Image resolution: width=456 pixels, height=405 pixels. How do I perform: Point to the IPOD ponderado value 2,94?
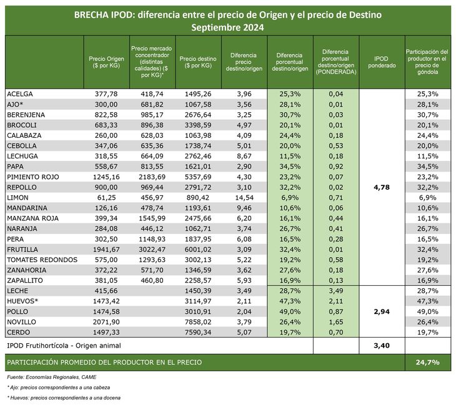382,311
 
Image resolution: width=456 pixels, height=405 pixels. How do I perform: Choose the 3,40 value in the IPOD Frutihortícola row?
382,344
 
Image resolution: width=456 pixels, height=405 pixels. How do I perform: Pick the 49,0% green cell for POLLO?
290,311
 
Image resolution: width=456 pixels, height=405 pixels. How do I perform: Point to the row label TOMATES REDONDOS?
42,260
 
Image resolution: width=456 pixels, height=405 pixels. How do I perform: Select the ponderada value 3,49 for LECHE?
335,291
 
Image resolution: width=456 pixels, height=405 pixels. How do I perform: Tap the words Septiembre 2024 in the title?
227,27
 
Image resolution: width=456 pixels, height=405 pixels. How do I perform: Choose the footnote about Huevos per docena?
64,398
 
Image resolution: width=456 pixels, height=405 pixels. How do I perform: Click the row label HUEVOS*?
22,301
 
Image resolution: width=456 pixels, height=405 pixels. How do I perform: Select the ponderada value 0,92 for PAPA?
335,167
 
